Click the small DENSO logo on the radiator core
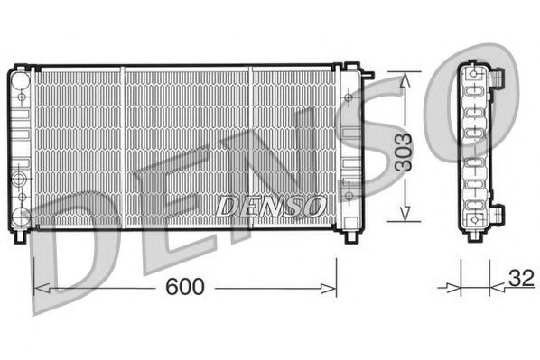[271, 207]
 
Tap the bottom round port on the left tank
[21, 214]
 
